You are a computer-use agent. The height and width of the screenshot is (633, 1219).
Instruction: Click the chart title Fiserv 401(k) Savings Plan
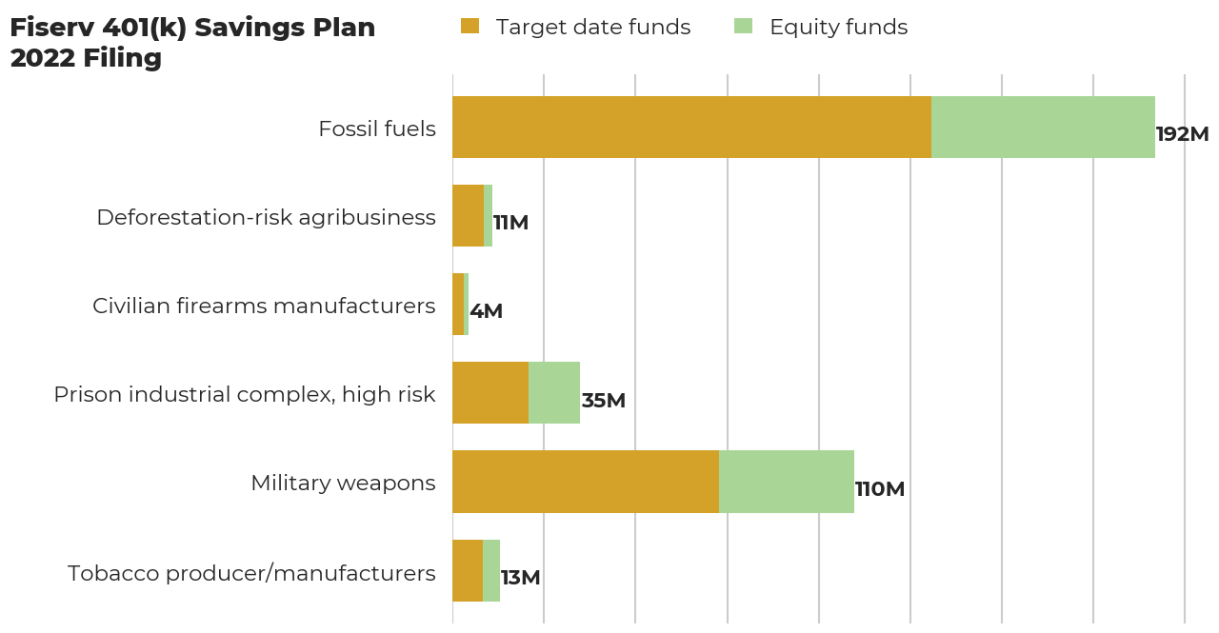192,29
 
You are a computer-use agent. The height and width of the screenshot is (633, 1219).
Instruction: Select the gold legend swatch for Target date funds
470,27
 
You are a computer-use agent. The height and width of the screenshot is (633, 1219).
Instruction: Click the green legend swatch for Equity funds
743,27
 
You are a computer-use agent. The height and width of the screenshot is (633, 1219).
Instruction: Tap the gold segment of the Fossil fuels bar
691,127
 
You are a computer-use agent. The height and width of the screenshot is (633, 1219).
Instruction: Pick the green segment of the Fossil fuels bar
1043,127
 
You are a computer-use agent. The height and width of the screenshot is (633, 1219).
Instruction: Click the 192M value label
1182,134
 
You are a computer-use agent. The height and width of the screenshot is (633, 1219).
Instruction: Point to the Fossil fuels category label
377,129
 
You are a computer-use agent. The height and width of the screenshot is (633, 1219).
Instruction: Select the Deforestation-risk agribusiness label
266,217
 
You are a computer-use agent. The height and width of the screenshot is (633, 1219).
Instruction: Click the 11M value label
510,223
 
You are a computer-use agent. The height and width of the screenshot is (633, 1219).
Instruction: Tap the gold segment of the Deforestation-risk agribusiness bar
468,215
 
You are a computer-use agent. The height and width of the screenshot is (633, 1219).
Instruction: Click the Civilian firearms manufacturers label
264,306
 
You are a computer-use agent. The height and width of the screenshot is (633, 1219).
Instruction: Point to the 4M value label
486,311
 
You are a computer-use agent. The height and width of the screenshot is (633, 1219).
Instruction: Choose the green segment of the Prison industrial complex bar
554,392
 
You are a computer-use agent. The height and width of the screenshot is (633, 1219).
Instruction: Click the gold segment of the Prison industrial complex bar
490,392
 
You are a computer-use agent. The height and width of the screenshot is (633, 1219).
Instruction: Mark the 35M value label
603,401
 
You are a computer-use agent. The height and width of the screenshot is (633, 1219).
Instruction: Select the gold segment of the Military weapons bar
586,482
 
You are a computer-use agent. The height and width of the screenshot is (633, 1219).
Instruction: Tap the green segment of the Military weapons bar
787,482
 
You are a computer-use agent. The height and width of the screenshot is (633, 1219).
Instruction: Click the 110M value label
879,489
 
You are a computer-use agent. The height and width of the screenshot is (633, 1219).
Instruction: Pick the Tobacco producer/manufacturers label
251,573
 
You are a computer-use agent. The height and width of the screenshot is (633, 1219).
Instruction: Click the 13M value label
520,578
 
